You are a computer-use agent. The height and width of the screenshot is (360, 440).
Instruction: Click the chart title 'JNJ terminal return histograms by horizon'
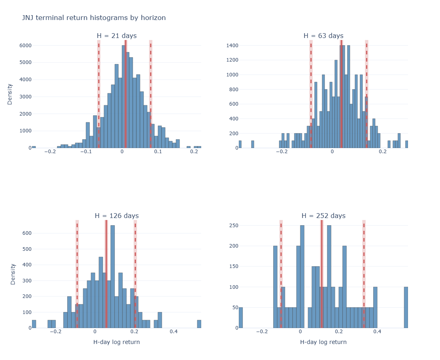(94, 18)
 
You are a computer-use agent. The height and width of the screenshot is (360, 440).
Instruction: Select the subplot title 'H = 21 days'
(117, 36)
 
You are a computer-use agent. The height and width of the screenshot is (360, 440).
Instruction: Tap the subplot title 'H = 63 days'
(323, 36)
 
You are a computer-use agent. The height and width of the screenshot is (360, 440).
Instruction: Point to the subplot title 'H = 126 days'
(117, 216)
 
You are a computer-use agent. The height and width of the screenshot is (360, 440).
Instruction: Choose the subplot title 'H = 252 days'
(323, 216)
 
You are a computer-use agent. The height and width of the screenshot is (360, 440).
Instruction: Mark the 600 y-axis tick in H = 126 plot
(27, 233)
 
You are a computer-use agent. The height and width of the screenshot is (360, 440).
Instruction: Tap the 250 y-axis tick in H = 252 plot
(234, 226)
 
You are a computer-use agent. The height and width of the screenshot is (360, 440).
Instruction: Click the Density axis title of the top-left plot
(10, 94)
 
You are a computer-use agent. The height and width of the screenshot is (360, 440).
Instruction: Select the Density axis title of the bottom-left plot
(13, 274)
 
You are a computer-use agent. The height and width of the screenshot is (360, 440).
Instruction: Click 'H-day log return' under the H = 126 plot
(117, 342)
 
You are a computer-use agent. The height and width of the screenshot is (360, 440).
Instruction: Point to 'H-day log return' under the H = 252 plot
(323, 342)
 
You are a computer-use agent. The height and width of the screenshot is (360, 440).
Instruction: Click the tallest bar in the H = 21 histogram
(124, 96)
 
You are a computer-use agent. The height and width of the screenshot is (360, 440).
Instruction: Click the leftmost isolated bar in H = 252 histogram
(241, 318)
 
